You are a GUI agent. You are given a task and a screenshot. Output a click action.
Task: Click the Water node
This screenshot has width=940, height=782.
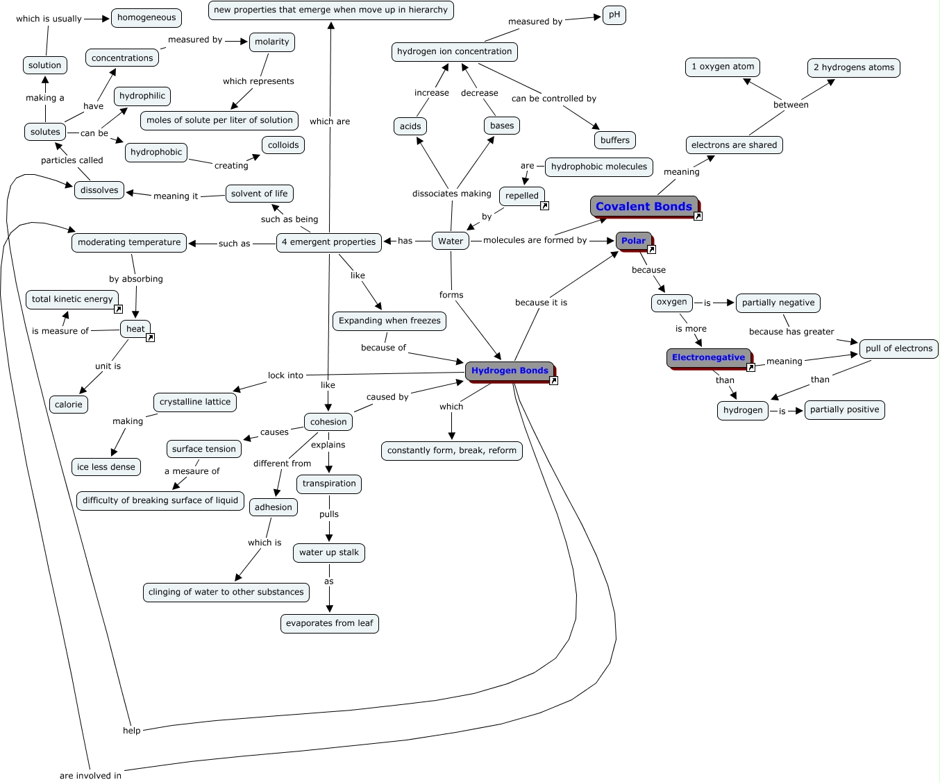coord(451,241)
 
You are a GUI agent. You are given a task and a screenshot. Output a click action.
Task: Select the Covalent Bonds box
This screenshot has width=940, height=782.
coord(644,206)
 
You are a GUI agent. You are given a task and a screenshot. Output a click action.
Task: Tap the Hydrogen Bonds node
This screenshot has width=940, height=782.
coord(510,371)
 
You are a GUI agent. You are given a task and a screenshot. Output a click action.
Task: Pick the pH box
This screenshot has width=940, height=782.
coord(614,15)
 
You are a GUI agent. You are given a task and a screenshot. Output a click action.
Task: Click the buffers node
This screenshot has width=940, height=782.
coord(615,140)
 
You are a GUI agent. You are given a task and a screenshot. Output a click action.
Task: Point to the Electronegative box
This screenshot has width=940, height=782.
coord(708,357)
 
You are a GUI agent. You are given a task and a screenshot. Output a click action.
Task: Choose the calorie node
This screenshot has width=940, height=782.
coord(69,405)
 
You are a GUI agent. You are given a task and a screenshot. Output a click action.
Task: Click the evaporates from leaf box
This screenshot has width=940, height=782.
coord(330,623)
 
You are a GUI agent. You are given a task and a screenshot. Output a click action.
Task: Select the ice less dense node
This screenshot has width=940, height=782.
coord(106,467)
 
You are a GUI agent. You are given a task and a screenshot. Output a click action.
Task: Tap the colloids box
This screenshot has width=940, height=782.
coord(283,145)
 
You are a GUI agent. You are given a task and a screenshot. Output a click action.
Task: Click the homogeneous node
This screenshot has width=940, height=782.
coord(146,17)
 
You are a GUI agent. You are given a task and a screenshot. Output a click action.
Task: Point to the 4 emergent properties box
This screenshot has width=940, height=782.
coord(329,242)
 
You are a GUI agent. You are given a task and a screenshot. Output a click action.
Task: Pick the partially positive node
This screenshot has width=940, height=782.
coord(844,409)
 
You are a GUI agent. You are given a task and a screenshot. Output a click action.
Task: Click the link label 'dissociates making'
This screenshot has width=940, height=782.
coord(451,194)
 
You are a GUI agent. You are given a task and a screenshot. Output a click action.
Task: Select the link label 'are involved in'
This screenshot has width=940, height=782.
coord(90,775)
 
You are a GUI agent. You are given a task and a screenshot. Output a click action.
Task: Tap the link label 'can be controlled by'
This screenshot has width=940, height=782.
coord(554,99)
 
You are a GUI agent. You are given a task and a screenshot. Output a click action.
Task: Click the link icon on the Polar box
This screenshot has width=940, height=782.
coord(652,250)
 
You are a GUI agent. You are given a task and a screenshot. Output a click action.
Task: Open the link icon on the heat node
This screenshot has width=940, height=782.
coord(150,338)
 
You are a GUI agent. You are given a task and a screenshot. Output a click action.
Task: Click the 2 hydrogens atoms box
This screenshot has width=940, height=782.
coord(854,67)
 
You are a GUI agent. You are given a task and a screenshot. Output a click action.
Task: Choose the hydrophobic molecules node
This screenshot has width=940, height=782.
coord(599,167)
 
